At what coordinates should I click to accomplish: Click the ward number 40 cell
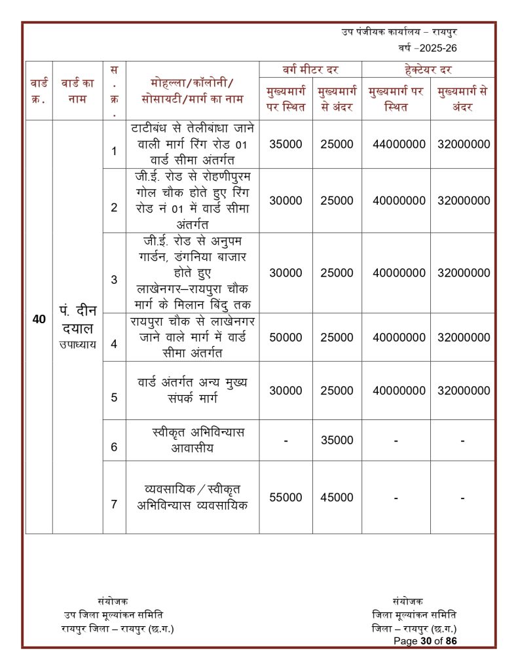(39, 320)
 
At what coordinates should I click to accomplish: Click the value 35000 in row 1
(286, 144)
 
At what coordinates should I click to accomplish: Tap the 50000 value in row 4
(286, 338)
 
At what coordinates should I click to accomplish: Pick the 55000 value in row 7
(286, 497)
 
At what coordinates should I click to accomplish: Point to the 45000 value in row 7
(337, 497)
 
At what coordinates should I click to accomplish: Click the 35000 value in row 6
(337, 440)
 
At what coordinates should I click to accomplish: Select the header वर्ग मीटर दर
(310, 69)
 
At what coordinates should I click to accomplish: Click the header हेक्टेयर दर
(428, 69)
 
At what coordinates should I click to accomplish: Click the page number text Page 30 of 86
(425, 641)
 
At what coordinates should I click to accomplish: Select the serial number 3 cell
(114, 279)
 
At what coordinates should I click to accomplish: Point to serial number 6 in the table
(114, 447)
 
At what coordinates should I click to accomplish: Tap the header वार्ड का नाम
(77, 90)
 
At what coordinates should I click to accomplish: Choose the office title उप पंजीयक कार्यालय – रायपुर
(399, 31)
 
